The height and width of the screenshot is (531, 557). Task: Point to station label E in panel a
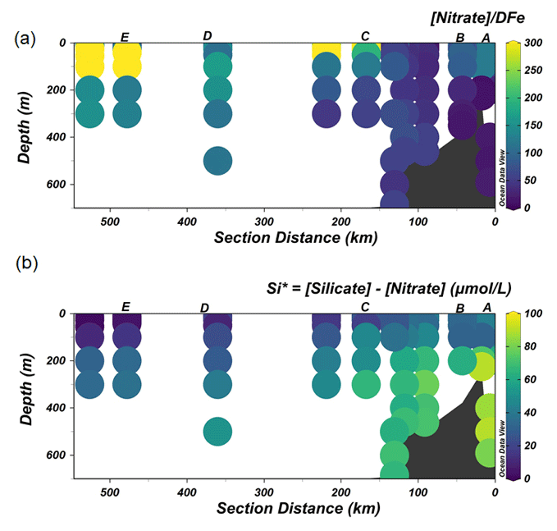coord(125,37)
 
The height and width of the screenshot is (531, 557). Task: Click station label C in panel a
coord(365,36)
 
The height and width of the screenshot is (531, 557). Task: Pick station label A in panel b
coord(486,307)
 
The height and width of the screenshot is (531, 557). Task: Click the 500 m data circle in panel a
coord(217,161)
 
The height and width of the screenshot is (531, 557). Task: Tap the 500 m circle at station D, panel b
coord(217,430)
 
